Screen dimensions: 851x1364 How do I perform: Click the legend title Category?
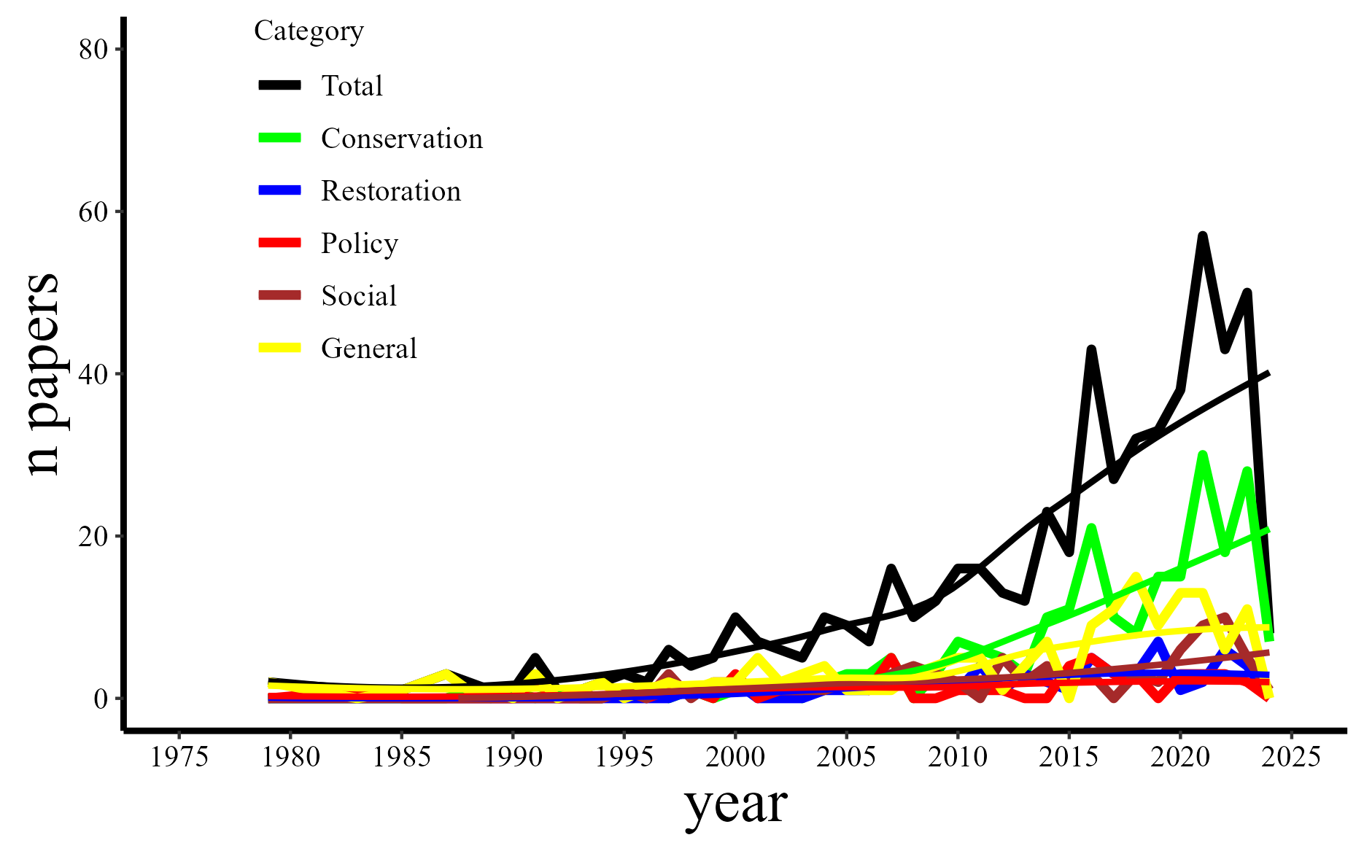coord(309,31)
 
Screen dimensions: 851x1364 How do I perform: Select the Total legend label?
coord(352,86)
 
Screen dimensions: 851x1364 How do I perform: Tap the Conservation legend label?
coord(402,139)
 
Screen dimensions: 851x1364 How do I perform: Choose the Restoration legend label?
coord(391,191)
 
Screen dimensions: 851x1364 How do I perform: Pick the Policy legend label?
coord(360,244)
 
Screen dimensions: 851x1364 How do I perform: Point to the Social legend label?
coord(359,296)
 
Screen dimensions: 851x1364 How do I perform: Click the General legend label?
coord(369,349)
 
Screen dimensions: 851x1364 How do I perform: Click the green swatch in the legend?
coord(280,138)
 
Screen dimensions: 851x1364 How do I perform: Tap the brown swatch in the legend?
coord(280,295)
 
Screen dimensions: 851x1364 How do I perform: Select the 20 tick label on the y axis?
coord(93,537)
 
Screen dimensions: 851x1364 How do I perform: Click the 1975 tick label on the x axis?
coord(179,757)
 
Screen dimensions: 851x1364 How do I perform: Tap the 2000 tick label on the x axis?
coord(735,757)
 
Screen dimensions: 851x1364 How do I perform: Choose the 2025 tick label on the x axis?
coord(1291,757)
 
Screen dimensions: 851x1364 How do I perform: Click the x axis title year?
coord(735,805)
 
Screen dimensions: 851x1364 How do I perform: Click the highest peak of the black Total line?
coord(1202,236)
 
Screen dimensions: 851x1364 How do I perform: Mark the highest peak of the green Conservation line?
coord(1202,455)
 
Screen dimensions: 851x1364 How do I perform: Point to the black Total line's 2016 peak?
coord(1091,349)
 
